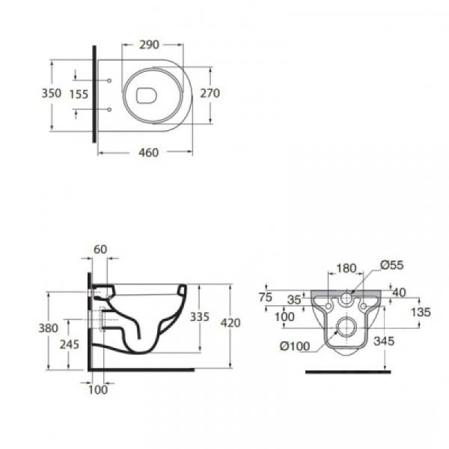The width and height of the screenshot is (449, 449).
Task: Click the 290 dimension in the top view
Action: point(149,45)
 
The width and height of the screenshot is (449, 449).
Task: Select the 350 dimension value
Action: point(52,94)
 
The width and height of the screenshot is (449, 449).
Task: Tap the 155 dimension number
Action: point(79,94)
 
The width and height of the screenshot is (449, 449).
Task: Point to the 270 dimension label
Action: point(210,94)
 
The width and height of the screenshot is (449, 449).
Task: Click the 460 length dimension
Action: point(149,153)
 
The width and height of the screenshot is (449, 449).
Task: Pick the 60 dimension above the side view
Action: point(100,249)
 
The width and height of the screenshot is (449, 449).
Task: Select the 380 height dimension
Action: point(49,329)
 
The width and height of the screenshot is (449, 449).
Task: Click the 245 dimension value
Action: point(70,344)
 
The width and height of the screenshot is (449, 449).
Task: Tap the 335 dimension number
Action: point(200,317)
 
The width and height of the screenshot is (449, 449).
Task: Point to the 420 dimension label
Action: point(230,323)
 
